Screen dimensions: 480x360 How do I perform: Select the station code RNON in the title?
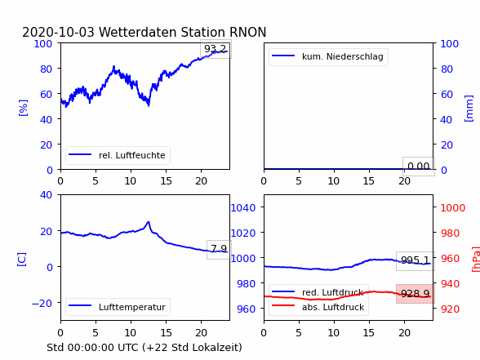pyautogui.click(x=247, y=32)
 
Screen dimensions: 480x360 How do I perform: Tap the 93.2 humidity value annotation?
pyautogui.click(x=216, y=49)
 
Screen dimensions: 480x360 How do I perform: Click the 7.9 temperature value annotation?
pyautogui.click(x=219, y=249)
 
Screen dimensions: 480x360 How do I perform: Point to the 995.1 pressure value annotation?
pyautogui.click(x=416, y=260)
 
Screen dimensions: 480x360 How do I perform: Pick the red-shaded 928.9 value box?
pyautogui.click(x=416, y=294)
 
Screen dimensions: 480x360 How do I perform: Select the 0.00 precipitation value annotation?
pyautogui.click(x=419, y=167)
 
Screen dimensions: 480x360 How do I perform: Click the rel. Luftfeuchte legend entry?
pyautogui.click(x=118, y=155)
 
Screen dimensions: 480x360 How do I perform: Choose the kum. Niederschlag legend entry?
pyautogui.click(x=328, y=56)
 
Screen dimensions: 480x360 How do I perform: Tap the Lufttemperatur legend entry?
pyautogui.click(x=118, y=307)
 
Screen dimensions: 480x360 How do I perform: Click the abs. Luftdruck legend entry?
pyautogui.click(x=318, y=307)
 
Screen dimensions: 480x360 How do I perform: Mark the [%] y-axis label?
pyautogui.click(x=23, y=108)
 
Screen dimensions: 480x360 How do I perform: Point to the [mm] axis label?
pyautogui.click(x=469, y=109)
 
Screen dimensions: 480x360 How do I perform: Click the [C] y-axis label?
pyautogui.click(x=22, y=259)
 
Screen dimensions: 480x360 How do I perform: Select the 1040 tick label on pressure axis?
pyautogui.click(x=243, y=208)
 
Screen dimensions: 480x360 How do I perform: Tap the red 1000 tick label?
pyautogui.click(x=453, y=208)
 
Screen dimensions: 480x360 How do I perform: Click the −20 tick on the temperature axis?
pyautogui.click(x=42, y=303)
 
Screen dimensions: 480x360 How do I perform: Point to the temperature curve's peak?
pyautogui.click(x=149, y=222)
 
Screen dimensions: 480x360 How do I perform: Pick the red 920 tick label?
pyautogui.click(x=450, y=309)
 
